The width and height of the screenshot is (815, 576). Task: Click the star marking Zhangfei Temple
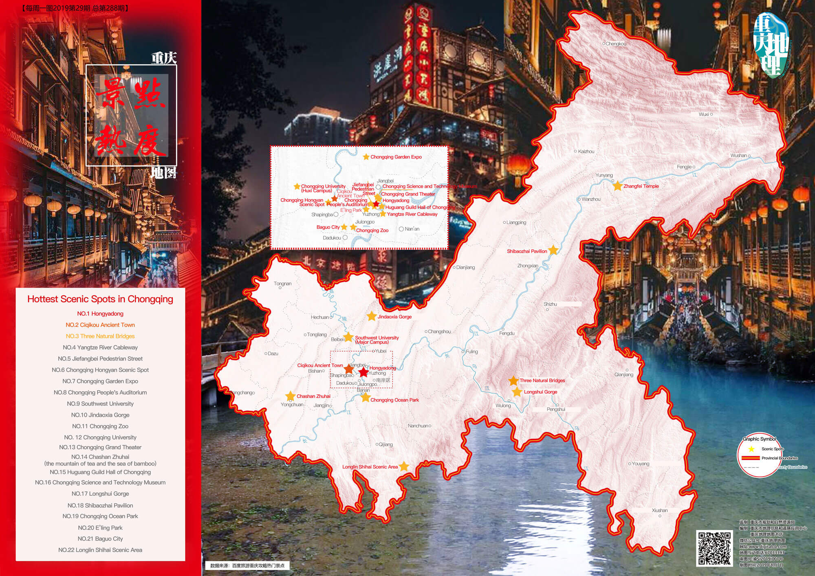(618, 186)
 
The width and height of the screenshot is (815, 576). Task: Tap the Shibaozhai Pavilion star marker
(553, 250)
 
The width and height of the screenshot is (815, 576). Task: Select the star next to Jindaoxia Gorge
(371, 317)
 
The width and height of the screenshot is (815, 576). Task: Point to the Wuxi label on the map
(704, 114)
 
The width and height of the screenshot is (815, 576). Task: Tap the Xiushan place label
(660, 510)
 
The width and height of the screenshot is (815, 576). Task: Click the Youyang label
(640, 464)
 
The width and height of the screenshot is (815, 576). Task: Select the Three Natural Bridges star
(513, 380)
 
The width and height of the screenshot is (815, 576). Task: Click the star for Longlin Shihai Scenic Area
(403, 466)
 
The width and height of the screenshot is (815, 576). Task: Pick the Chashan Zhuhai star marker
(290, 396)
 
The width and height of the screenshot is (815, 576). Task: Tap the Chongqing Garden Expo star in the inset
(366, 157)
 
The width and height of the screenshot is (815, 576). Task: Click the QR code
(714, 548)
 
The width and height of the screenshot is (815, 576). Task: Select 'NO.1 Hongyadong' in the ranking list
(100, 314)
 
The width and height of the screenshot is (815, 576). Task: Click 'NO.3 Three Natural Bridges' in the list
(100, 336)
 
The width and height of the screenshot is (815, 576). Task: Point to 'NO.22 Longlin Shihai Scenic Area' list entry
(100, 550)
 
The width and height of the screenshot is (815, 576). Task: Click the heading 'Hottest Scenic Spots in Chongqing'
(100, 299)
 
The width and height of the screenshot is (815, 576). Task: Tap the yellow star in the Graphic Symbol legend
(751, 449)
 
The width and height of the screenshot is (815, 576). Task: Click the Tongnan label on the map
(282, 284)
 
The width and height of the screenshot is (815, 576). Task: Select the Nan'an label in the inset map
(412, 229)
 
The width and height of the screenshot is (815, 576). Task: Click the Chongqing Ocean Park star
(365, 398)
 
